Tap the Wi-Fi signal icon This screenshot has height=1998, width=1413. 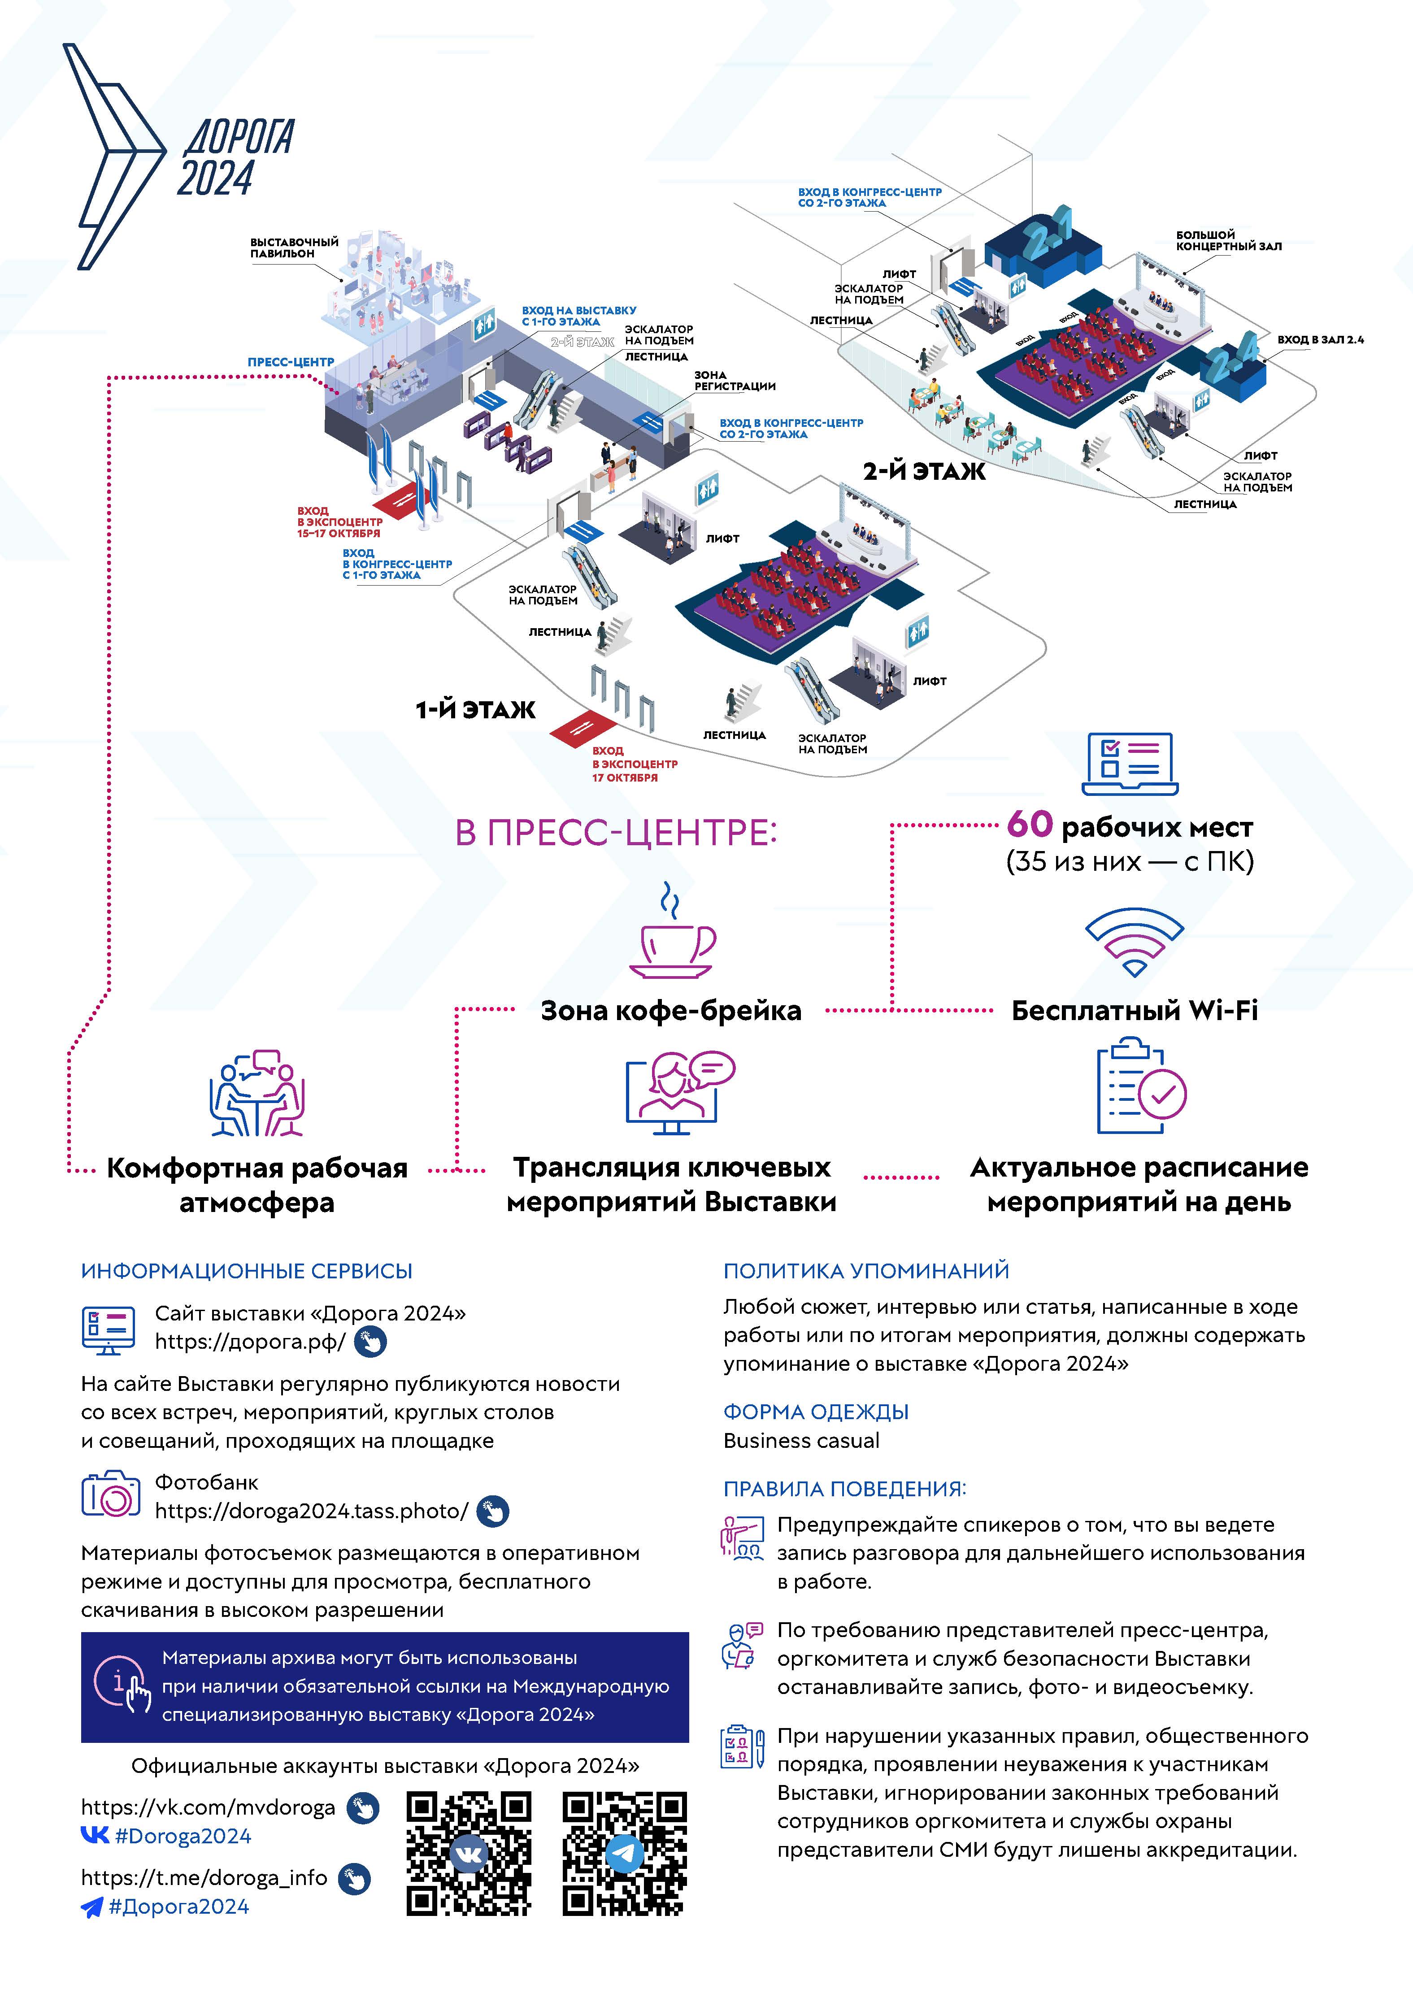coord(1134,943)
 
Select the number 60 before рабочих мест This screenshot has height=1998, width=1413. coord(1029,823)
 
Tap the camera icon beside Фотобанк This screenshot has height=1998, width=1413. coord(110,1495)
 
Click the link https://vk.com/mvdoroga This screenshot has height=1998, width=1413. coord(208,1807)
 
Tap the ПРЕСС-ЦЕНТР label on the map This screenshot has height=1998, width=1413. coord(291,362)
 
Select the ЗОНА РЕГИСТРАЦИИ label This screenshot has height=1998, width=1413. coord(734,380)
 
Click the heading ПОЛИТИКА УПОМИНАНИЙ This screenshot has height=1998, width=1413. coord(866,1271)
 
